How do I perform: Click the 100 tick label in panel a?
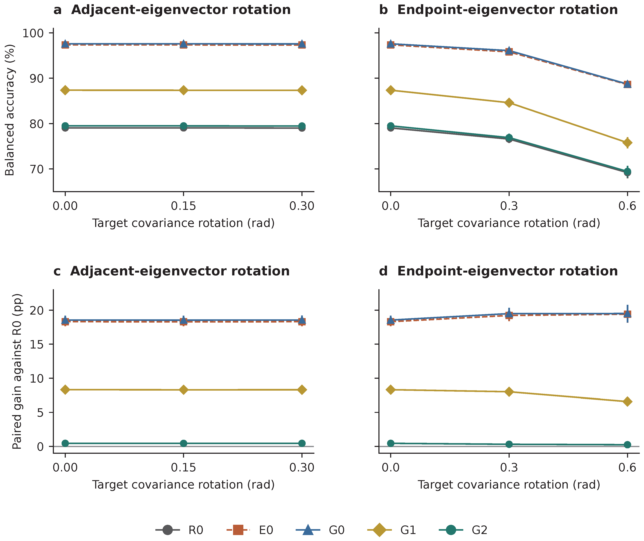point(33,33)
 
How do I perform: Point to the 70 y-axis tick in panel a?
point(37,169)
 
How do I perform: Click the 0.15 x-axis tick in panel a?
point(184,206)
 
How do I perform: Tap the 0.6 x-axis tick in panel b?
point(627,206)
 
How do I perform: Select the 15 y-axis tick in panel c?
point(37,344)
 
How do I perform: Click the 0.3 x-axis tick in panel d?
point(509,467)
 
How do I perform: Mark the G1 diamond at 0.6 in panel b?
point(627,143)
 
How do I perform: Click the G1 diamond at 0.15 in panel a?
point(184,90)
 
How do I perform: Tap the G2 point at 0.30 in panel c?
point(302,443)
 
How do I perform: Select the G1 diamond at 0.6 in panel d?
point(627,401)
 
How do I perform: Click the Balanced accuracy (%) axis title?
point(10,110)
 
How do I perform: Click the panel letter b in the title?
point(383,10)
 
